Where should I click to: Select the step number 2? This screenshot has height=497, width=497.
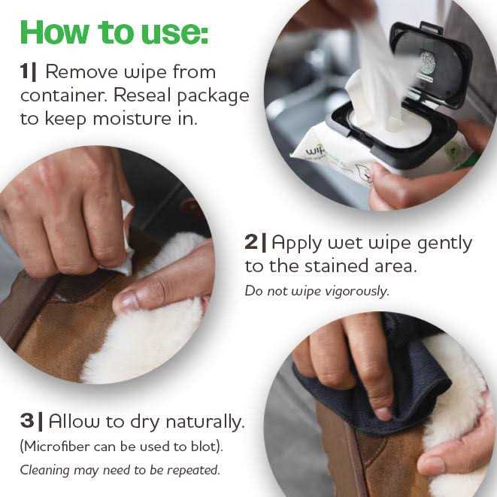tap(252, 243)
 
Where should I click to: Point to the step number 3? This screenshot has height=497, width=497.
tap(28, 420)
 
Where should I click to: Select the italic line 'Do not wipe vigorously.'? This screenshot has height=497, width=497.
tap(317, 290)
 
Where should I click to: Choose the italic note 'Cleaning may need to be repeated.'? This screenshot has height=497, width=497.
tap(119, 471)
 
